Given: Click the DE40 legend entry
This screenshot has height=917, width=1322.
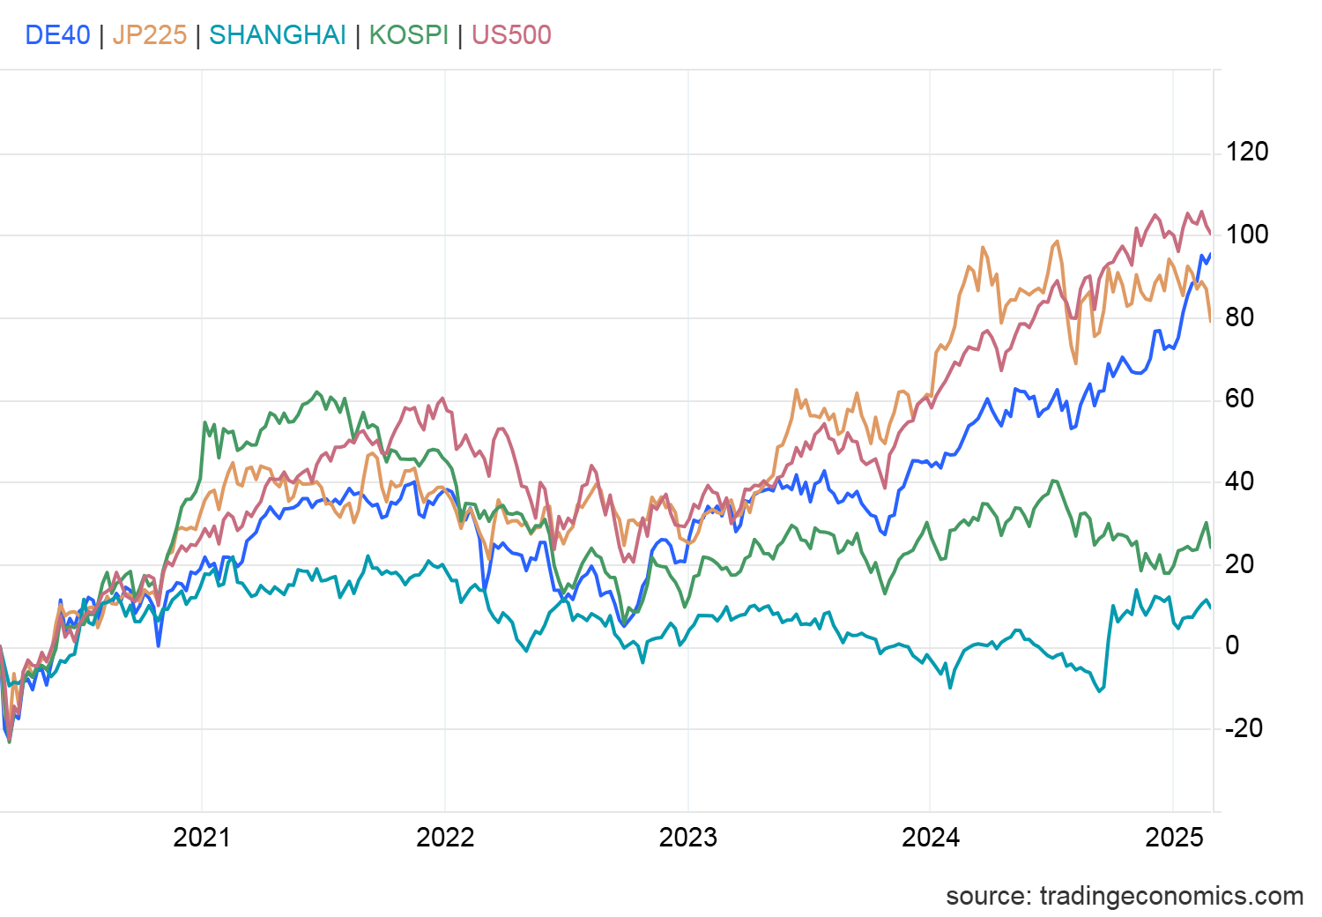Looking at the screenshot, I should click(x=57, y=35).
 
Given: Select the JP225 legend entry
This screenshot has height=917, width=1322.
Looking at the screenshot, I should click(x=150, y=35).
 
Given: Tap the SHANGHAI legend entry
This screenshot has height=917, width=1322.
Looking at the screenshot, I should click(x=278, y=35).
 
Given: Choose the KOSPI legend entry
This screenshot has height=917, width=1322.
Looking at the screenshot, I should click(x=409, y=35).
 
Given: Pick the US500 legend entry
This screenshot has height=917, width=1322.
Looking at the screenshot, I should click(x=511, y=35).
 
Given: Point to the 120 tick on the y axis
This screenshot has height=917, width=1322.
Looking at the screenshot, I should click(x=1247, y=152).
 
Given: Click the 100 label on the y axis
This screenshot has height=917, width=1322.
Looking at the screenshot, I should click(x=1247, y=235).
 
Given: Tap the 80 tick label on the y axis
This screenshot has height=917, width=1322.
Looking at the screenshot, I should click(x=1239, y=317).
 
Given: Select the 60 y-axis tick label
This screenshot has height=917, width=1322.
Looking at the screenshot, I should click(x=1239, y=399).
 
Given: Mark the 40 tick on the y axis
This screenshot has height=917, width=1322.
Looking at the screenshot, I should click(x=1239, y=481).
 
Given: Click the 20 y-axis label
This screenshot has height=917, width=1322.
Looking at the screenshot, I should click(x=1239, y=564).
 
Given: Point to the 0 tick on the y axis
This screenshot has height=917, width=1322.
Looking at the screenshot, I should click(x=1232, y=645).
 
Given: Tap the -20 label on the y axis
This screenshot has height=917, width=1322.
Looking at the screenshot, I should click(x=1244, y=728).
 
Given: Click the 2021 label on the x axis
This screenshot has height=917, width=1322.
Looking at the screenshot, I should click(x=202, y=837).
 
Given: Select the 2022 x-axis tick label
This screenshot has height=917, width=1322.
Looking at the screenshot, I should click(x=445, y=837).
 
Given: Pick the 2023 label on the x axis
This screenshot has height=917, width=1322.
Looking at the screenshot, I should click(x=687, y=837).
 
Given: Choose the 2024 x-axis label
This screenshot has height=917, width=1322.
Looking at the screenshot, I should click(x=931, y=837).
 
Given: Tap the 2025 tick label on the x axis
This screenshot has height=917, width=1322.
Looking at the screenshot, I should click(x=1174, y=837).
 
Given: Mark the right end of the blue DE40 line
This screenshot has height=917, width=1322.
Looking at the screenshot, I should click(x=1210, y=254).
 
